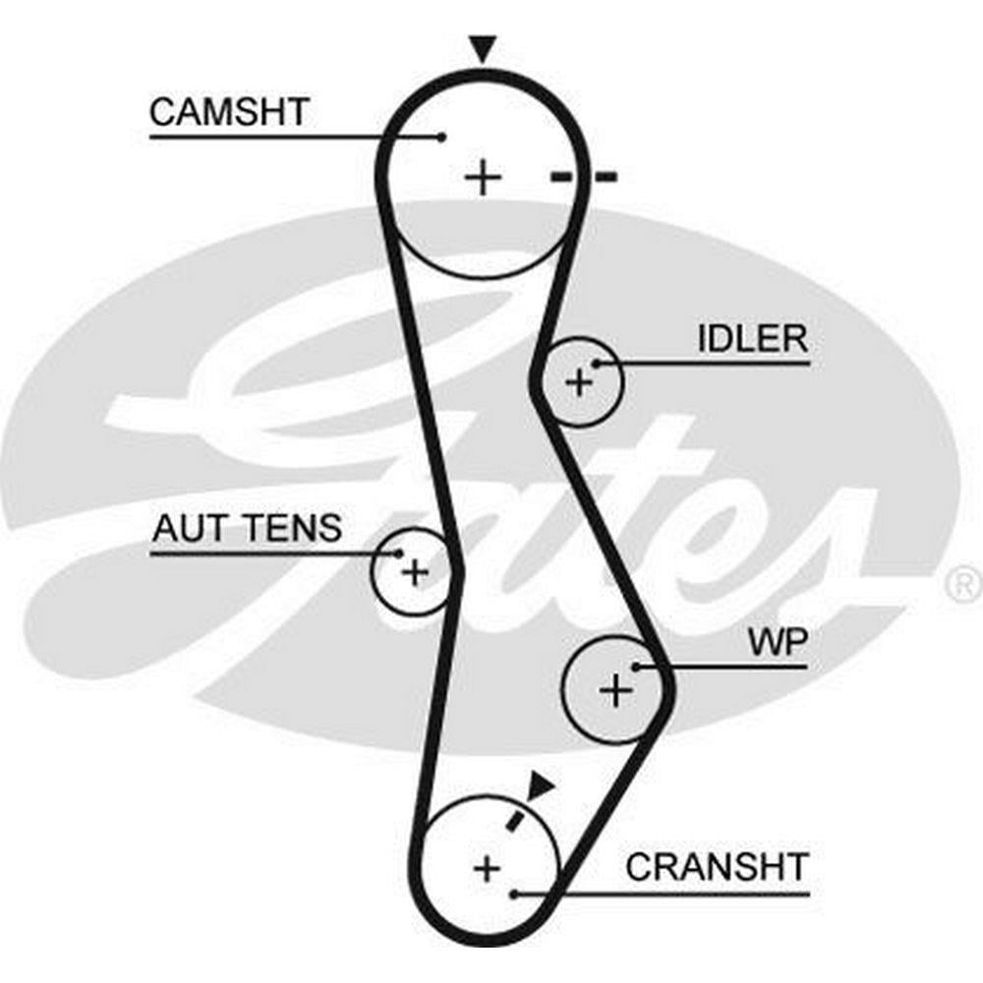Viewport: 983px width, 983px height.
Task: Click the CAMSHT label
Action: [x=228, y=111]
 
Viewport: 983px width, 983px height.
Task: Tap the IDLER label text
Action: [x=752, y=339]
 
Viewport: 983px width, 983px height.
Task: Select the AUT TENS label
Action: [x=247, y=529]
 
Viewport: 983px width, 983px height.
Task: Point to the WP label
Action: [x=778, y=644]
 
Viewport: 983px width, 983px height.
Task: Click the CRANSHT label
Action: [x=717, y=867]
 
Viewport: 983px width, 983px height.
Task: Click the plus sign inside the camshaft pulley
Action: [x=483, y=178]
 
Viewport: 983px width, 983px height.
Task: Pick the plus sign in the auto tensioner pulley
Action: [x=416, y=571]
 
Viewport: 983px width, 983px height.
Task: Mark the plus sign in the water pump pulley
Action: [x=616, y=691]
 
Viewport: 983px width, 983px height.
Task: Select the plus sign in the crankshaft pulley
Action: [x=487, y=868]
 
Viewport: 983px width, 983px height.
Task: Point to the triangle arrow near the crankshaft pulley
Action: [x=540, y=784]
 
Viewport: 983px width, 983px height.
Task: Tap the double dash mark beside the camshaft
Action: [x=583, y=177]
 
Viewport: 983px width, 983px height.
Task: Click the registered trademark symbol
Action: [x=961, y=585]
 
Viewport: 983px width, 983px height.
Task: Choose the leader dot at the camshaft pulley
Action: [x=443, y=136]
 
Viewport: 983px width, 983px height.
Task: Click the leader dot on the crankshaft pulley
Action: [x=515, y=894]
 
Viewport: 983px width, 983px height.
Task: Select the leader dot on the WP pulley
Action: [x=637, y=666]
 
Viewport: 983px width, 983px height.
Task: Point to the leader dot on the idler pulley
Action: [x=595, y=364]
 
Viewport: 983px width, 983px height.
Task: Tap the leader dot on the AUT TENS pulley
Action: [x=399, y=553]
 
